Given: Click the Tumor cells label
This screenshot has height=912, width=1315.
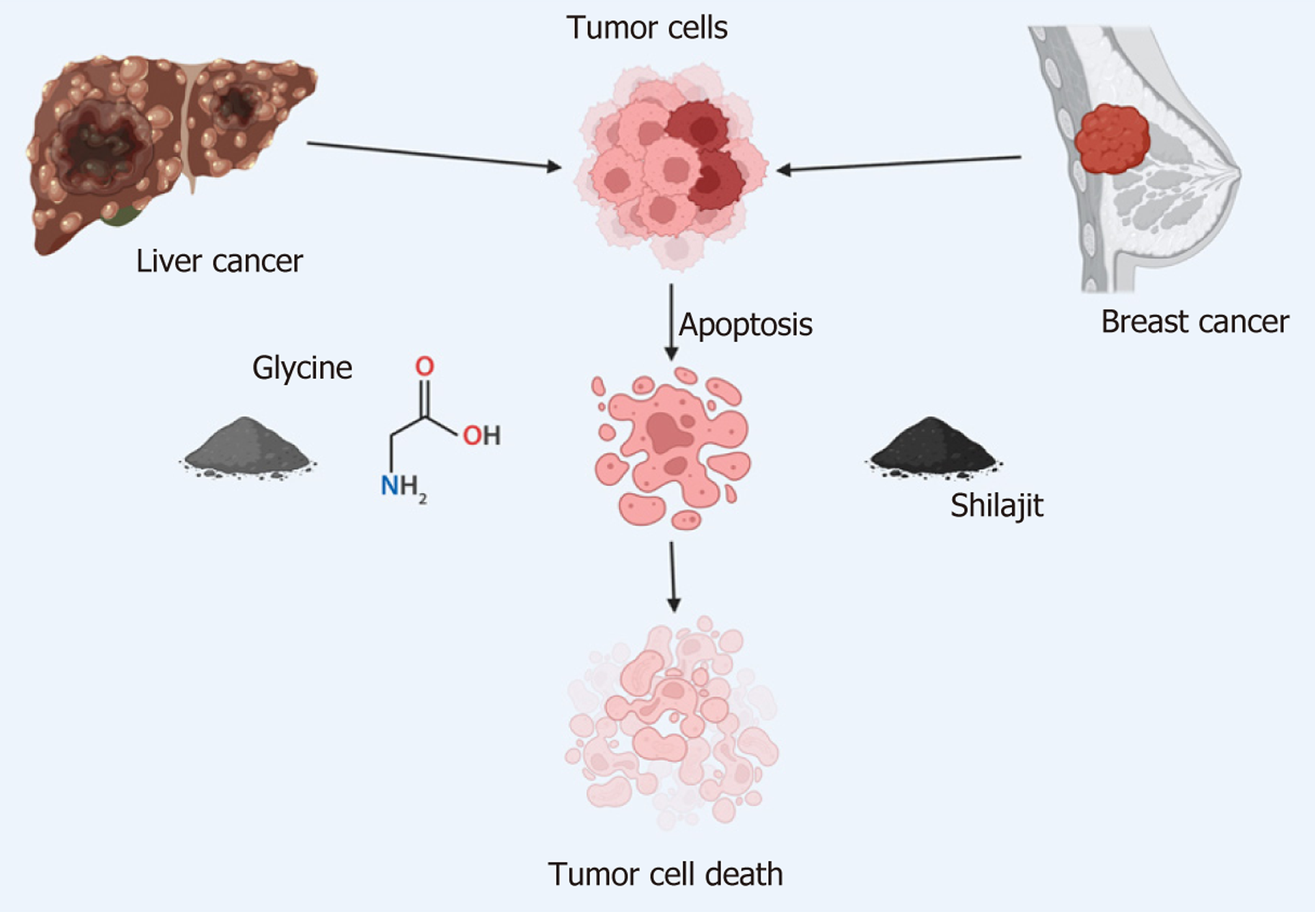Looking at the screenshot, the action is pyautogui.click(x=647, y=27).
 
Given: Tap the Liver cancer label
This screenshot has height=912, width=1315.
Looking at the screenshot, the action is pyautogui.click(x=219, y=261).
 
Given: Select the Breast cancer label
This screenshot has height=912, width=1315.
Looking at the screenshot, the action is pyautogui.click(x=1195, y=321).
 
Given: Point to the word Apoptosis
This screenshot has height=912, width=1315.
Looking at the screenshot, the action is pyautogui.click(x=745, y=325).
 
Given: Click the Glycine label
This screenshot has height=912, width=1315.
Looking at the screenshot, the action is pyautogui.click(x=302, y=368).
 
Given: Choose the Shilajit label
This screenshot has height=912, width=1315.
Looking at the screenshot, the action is pyautogui.click(x=997, y=506).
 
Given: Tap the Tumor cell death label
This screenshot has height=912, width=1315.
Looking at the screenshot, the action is pyautogui.click(x=665, y=875).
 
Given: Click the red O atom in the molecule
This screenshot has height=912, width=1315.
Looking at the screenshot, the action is pyautogui.click(x=424, y=366).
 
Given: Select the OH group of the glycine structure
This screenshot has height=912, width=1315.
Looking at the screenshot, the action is pyautogui.click(x=481, y=435).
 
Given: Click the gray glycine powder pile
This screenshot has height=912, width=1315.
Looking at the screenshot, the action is pyautogui.click(x=247, y=447).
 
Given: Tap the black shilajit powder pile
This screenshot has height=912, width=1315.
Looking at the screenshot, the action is pyautogui.click(x=933, y=447).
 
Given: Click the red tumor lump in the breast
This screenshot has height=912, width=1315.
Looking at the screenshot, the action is pyautogui.click(x=1111, y=139).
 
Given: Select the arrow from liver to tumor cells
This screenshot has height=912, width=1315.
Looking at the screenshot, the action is pyautogui.click(x=434, y=156).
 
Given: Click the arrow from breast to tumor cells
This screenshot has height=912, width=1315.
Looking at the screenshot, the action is pyautogui.click(x=899, y=163).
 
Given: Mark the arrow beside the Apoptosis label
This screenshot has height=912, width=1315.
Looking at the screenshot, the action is pyautogui.click(x=672, y=322).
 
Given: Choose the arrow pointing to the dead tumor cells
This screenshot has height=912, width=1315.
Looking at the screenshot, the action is pyautogui.click(x=673, y=577).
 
